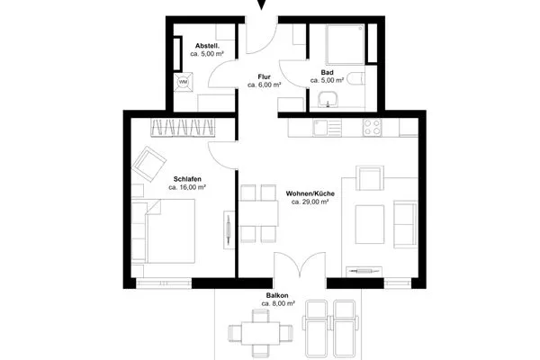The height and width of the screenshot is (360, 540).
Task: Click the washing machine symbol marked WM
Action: click(184, 82)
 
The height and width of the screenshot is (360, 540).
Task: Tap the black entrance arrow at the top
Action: click(262, 4)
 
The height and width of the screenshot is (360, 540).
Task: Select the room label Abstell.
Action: click(207, 46)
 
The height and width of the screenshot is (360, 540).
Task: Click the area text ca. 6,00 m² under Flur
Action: click(264, 85)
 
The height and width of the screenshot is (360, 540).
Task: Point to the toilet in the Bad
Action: click(355, 78)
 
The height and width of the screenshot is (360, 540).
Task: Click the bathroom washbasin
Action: click(328, 99)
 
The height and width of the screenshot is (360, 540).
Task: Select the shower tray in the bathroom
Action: click(345, 44)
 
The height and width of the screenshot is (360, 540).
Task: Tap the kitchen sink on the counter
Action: click(327, 128)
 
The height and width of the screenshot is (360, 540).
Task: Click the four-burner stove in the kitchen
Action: click(372, 128)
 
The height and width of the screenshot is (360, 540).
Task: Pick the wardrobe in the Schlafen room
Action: click(183, 128)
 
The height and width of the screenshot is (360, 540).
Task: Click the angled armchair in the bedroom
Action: click(149, 165)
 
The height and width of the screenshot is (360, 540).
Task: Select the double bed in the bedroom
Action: click(163, 231)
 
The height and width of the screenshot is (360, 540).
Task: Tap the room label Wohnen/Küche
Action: click(310, 193)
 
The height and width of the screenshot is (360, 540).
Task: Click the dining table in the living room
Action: click(258, 213)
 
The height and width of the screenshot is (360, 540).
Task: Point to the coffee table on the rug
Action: click(370, 224)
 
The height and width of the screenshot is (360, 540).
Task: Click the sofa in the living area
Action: click(405, 224)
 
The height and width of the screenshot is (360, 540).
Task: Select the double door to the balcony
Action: click(300, 265)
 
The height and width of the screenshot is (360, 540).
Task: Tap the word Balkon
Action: click(277, 295)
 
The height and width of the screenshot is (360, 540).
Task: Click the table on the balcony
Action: click(260, 333)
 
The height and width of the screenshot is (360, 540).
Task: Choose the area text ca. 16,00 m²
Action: click(187, 187)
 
